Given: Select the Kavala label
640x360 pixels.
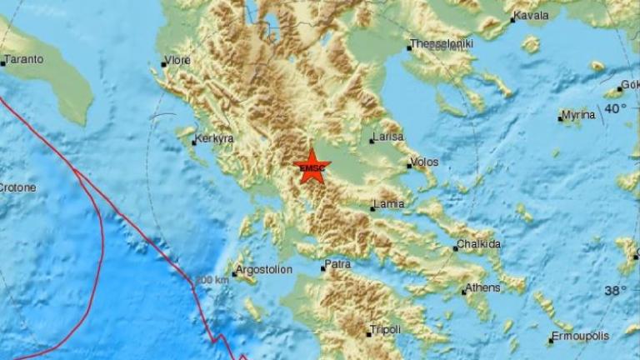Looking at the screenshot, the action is (533, 16).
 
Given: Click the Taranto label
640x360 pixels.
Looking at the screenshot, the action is (24, 60).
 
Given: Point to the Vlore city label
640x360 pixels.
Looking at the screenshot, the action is (179, 60).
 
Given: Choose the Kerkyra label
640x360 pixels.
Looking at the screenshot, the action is (214, 139).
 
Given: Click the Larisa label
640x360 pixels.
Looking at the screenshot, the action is (388, 137).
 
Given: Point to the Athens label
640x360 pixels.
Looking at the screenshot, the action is (485, 287).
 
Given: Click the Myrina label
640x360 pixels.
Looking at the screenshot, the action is (578, 115).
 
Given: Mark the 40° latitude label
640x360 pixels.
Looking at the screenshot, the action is (616, 108).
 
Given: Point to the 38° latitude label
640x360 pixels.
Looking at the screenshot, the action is (616, 290).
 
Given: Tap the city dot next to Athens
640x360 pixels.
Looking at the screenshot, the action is (463, 292).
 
